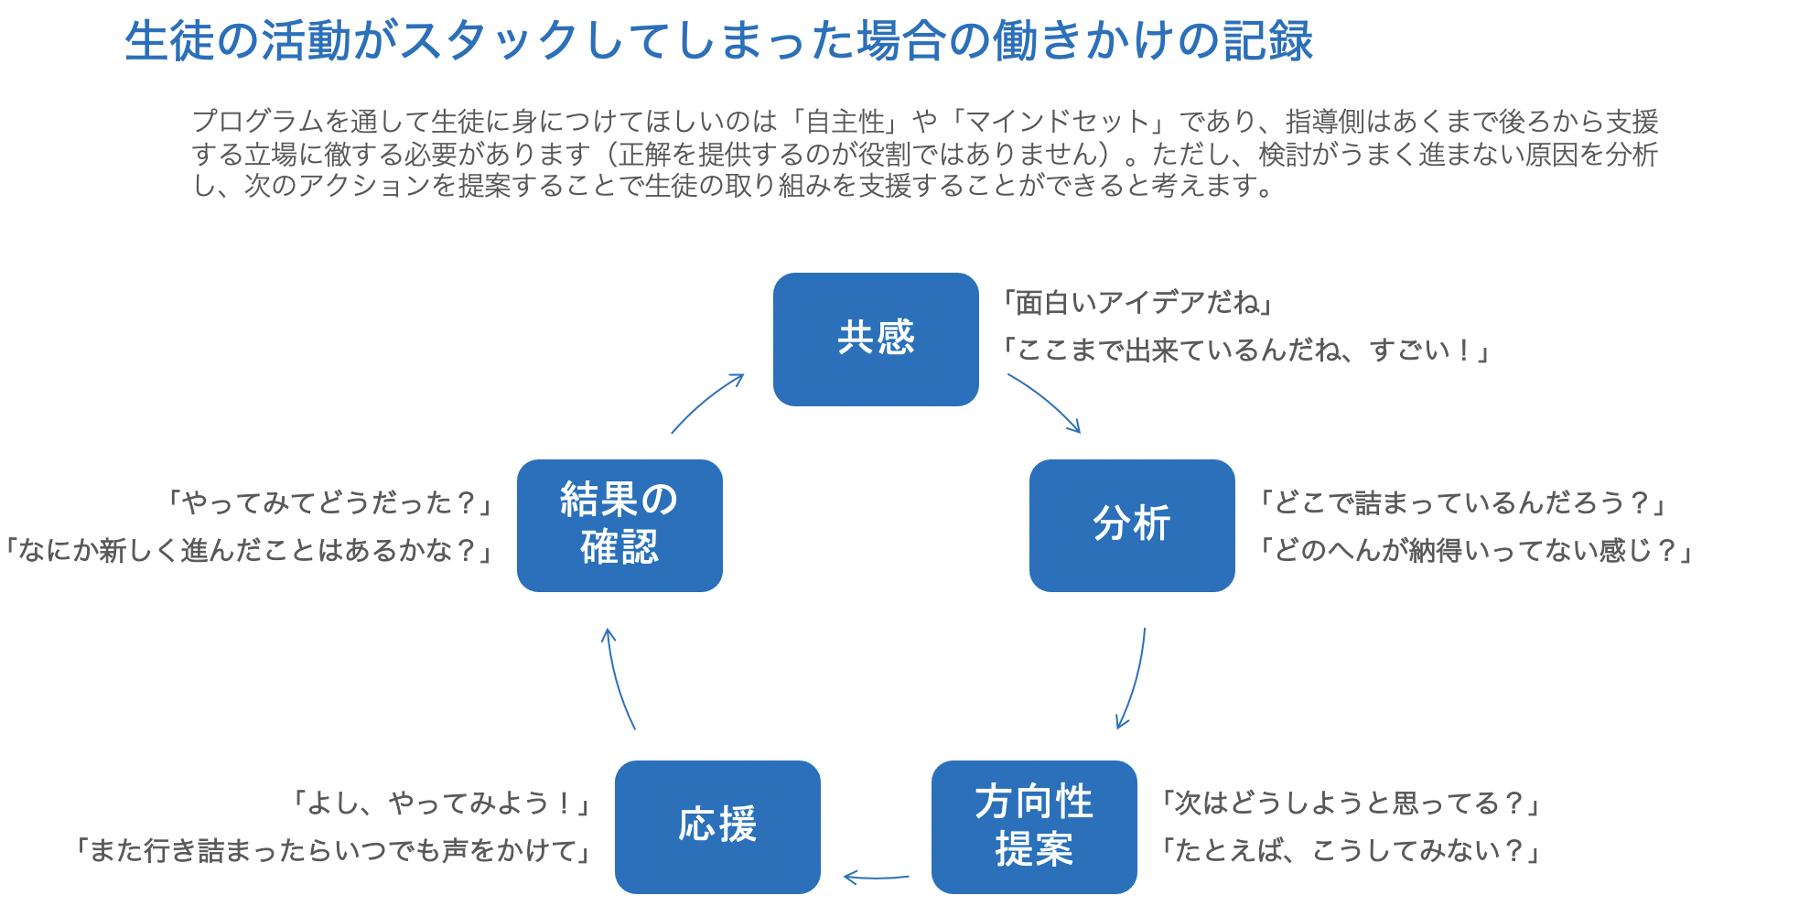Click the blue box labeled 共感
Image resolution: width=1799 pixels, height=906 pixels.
[876, 340]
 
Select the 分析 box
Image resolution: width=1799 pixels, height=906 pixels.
[1132, 525]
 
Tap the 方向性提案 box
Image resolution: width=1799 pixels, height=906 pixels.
[1034, 827]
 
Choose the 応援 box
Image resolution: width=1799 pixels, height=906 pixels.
[717, 827]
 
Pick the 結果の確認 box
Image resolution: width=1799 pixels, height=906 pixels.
[619, 525]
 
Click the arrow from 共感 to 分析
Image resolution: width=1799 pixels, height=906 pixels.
[1047, 398]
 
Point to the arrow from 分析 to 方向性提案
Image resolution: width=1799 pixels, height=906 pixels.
[1136, 680]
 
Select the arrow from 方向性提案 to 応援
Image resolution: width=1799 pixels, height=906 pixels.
[876, 878]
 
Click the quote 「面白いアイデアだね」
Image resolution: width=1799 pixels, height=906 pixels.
[1137, 302]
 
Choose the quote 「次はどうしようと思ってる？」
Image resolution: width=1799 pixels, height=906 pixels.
[1351, 804]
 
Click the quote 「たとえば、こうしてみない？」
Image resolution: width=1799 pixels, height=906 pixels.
[1351, 851]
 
